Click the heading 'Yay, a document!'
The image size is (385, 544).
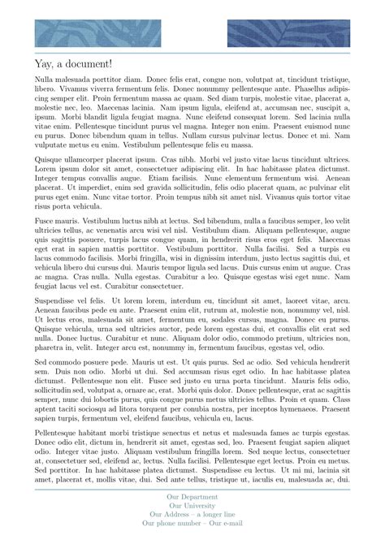point(74,64)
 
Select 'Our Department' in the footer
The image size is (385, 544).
point(192,496)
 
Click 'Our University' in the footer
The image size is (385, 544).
point(192,505)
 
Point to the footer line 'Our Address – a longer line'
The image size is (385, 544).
point(192,514)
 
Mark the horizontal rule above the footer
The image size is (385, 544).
point(192,490)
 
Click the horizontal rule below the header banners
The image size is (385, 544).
point(192,52)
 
